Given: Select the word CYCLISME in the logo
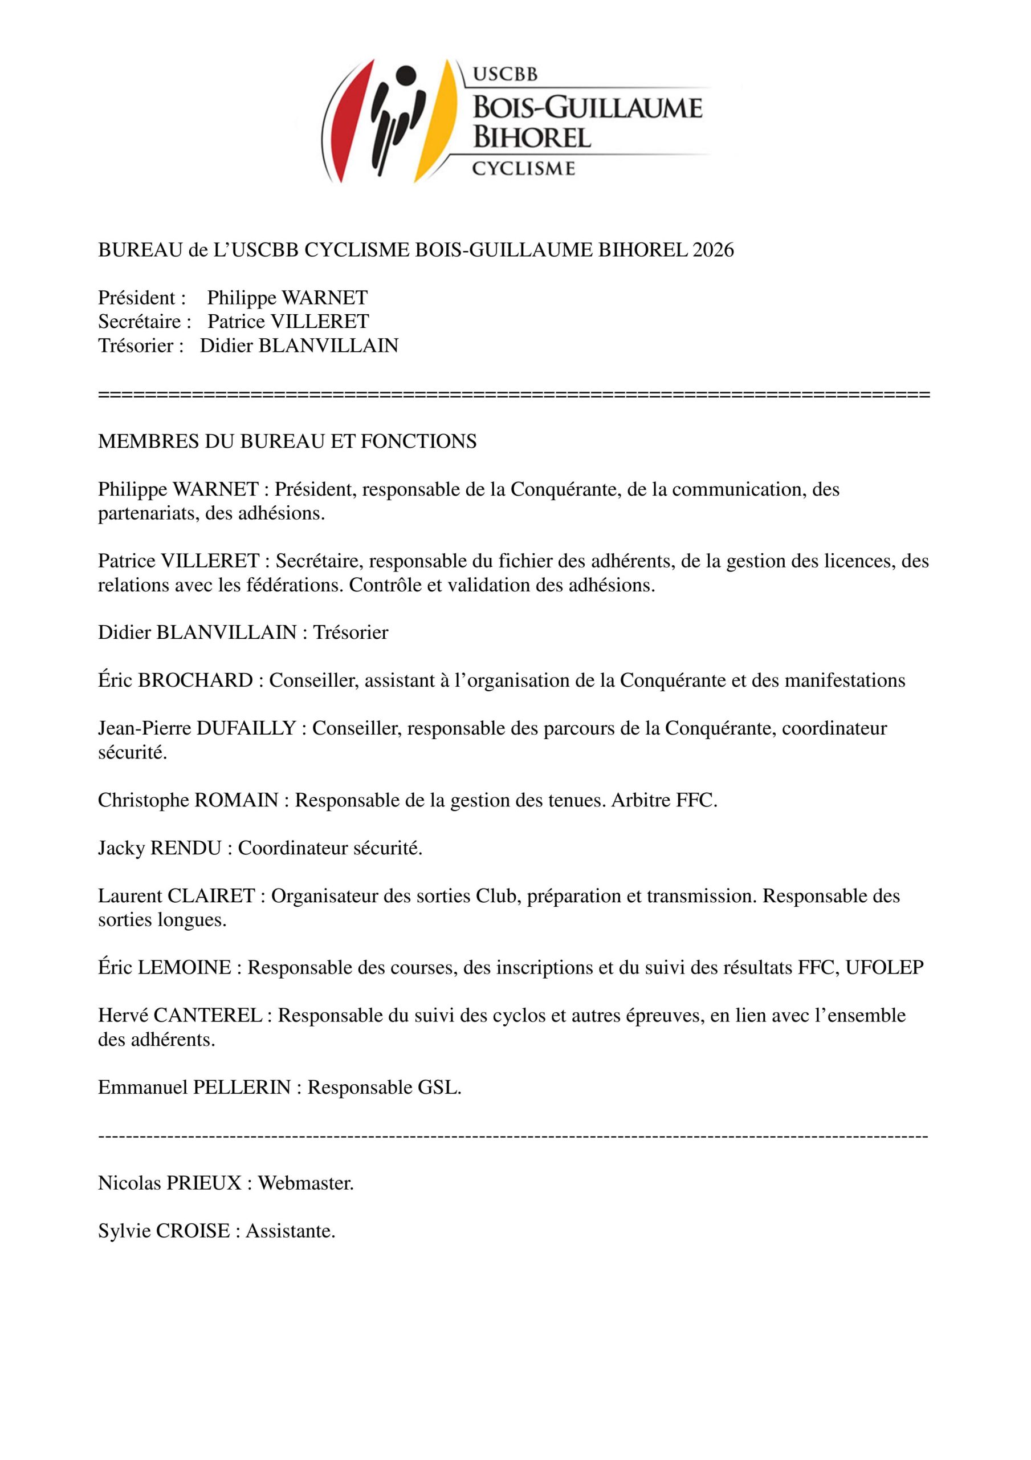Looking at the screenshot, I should (x=524, y=168).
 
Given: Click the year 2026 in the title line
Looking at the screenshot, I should (x=713, y=250).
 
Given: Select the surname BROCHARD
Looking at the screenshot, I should (x=195, y=680).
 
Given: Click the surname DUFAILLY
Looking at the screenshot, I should (x=246, y=728).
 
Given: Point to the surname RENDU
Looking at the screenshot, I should (x=186, y=847).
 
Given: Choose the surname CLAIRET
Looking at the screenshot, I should (x=211, y=896).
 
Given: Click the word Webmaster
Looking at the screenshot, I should (x=305, y=1183).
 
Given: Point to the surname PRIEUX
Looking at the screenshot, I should (x=203, y=1183).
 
